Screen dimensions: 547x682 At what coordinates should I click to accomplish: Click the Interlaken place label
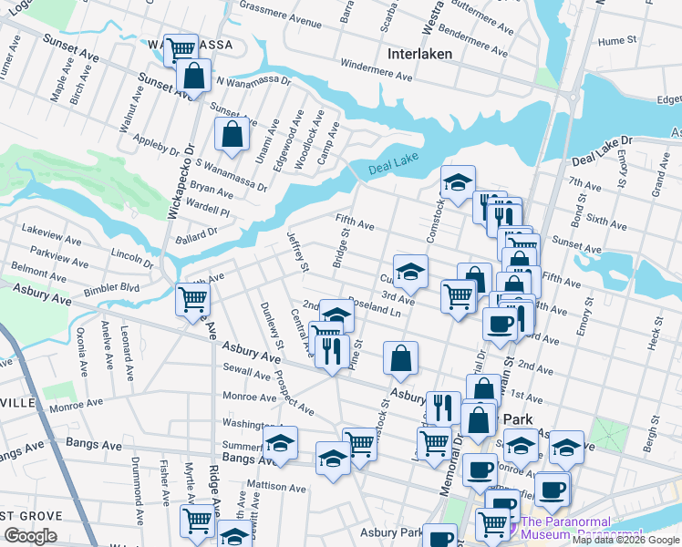[x=419, y=54]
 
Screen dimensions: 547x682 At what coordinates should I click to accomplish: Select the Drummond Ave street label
[x=137, y=481]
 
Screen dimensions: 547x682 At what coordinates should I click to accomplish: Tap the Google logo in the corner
[x=30, y=536]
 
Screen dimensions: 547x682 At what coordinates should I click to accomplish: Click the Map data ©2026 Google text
[x=625, y=540]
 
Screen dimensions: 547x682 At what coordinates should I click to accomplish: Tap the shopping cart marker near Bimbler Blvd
[x=192, y=298]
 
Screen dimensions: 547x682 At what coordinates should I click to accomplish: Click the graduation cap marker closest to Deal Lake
[x=458, y=181]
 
